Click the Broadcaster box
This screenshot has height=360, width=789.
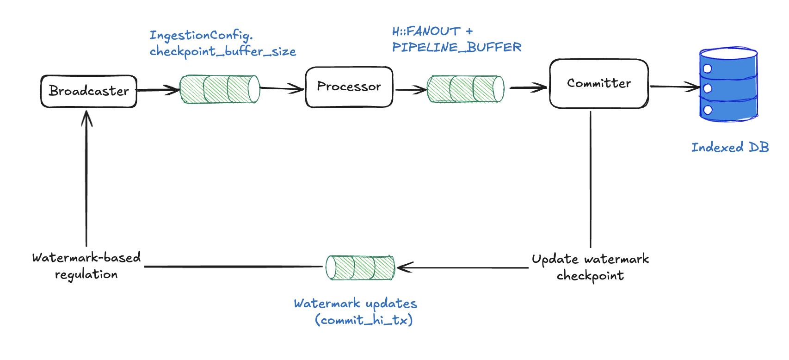pyautogui.click(x=89, y=91)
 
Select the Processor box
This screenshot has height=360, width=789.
pyautogui.click(x=349, y=87)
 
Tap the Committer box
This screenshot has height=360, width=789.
pyautogui.click(x=599, y=83)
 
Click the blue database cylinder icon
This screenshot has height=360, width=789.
pyautogui.click(x=728, y=84)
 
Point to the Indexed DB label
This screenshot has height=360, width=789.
pyautogui.click(x=730, y=148)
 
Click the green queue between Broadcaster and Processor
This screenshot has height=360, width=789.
pyautogui.click(x=220, y=89)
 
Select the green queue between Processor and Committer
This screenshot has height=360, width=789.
pyautogui.click(x=465, y=89)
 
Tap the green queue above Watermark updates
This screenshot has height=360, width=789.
pyautogui.click(x=360, y=267)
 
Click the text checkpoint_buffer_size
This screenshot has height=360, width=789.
pyautogui.click(x=222, y=51)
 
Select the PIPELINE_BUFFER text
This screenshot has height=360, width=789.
pyautogui.click(x=456, y=47)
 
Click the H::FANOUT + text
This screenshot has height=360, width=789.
pyautogui.click(x=432, y=31)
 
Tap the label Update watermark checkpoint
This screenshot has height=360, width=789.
pyautogui.click(x=590, y=267)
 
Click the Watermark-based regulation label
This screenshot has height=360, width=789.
pyautogui.click(x=86, y=266)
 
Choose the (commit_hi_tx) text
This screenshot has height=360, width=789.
pyautogui.click(x=364, y=320)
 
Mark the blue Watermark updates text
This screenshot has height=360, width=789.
pyautogui.click(x=355, y=304)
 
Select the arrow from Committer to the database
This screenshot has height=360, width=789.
pyautogui.click(x=674, y=87)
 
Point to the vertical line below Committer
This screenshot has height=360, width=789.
pyautogui.click(x=591, y=180)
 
